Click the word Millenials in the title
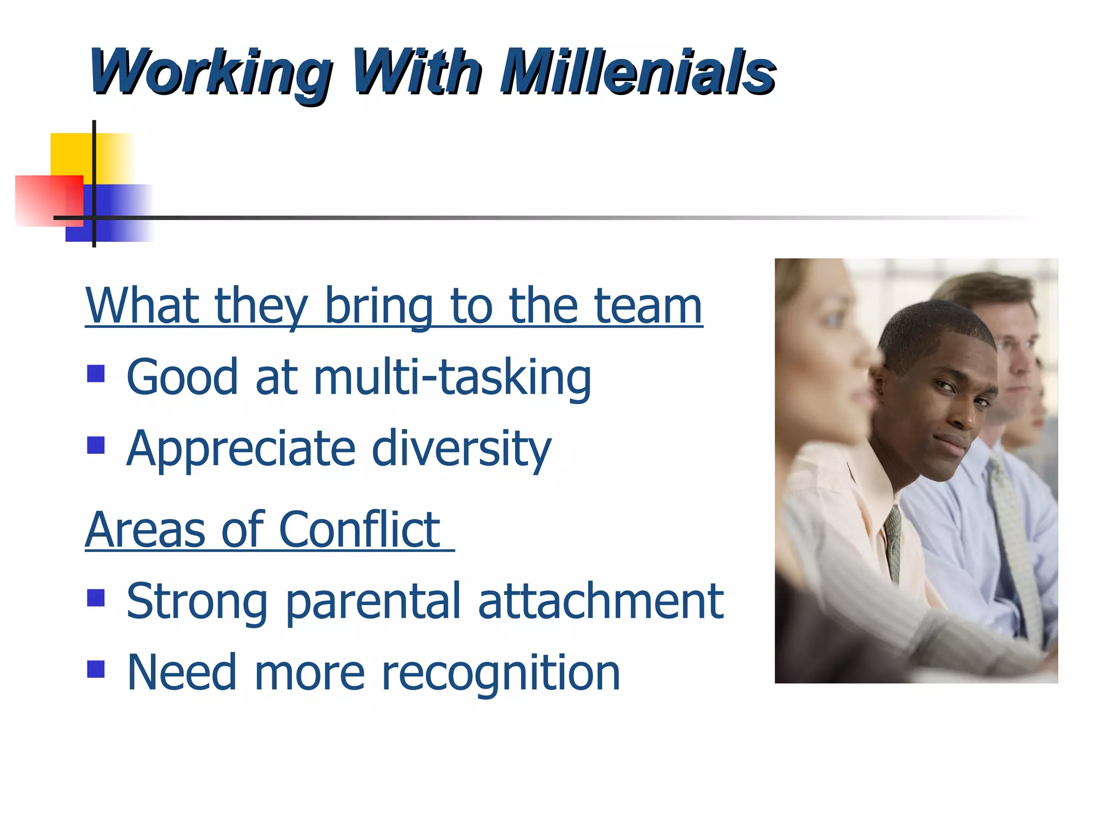coord(638,73)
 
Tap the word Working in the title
coord(211,73)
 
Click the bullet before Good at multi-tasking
coord(96,374)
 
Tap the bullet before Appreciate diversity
coord(96,445)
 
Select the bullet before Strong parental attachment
coord(96,598)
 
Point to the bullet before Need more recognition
coord(96,669)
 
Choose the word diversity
coord(462,449)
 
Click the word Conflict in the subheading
coord(359,530)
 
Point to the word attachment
coord(601,602)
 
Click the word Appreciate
coord(241,449)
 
